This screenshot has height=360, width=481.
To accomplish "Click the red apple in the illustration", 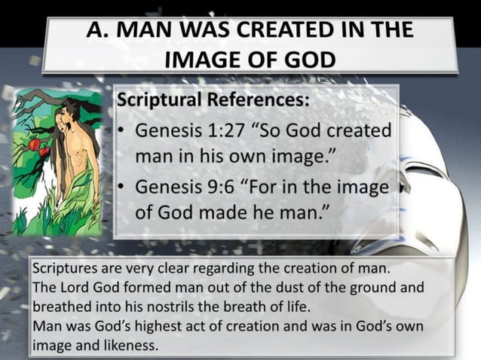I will tap(35, 143).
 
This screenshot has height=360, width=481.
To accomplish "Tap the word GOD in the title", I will tap(309, 59).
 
